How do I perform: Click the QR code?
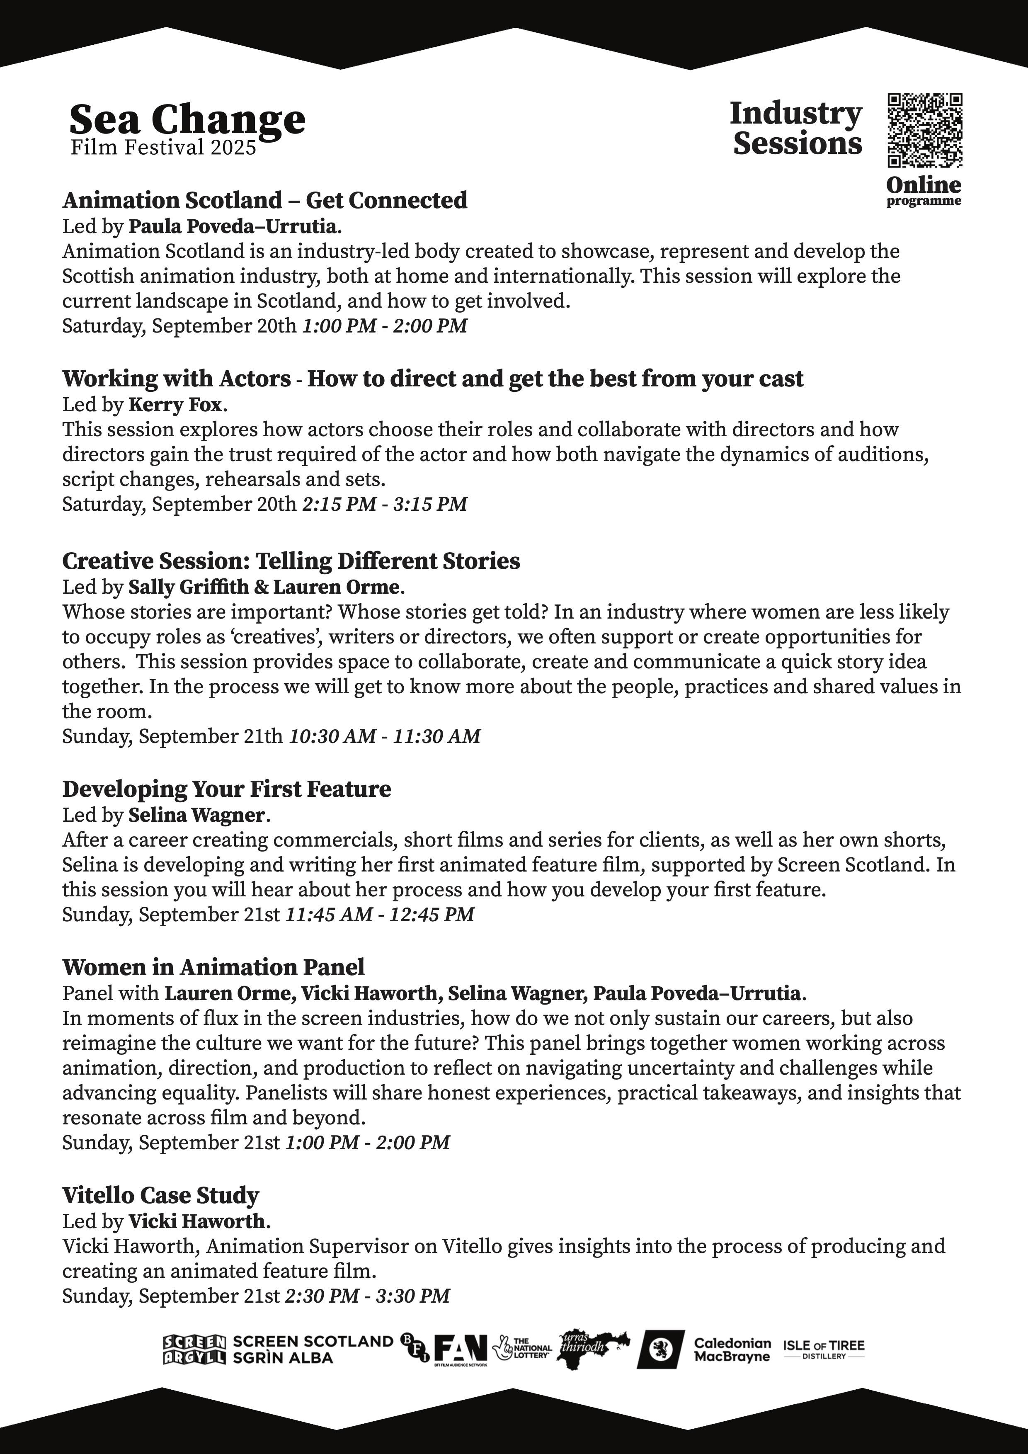[924, 131]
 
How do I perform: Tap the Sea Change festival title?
[187, 119]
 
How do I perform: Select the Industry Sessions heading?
[796, 128]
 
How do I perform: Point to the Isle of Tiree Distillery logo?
[824, 1349]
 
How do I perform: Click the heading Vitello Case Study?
[161, 1195]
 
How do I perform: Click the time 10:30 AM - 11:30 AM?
[385, 736]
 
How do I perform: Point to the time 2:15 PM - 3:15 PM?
[385, 504]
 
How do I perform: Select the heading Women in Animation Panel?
[213, 967]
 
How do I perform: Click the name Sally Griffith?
[189, 587]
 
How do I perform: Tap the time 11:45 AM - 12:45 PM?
[380, 915]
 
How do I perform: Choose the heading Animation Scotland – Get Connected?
[264, 200]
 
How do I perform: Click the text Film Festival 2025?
[163, 148]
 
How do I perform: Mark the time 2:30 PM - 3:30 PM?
[367, 1296]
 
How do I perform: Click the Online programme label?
[924, 190]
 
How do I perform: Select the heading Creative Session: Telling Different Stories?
[291, 561]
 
